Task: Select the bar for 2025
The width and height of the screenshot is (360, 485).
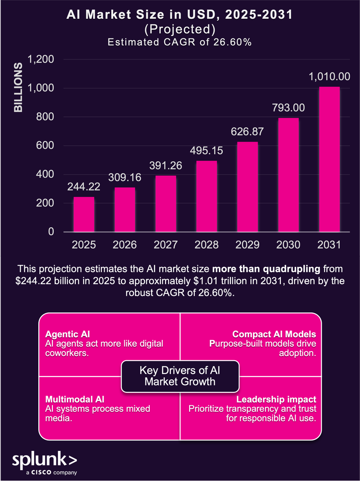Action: click(84, 214)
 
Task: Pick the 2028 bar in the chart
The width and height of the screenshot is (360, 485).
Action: click(206, 196)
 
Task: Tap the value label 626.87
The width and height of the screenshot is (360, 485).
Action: click(247, 131)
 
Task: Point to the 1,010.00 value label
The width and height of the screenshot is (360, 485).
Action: click(329, 76)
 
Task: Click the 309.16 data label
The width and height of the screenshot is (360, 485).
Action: click(124, 177)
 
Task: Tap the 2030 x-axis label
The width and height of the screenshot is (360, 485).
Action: click(288, 244)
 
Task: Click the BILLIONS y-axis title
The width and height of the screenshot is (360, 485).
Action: click(18, 87)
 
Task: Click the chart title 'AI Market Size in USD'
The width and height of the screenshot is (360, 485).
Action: click(180, 16)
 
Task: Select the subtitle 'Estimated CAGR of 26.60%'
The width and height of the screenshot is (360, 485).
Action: click(180, 42)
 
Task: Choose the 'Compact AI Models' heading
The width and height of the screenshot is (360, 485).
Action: click(274, 334)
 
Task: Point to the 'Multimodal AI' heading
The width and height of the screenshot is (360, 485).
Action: click(74, 400)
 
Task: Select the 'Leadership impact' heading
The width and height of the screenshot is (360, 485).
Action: click(276, 400)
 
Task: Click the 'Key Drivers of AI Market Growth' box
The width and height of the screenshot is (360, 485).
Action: click(180, 376)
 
